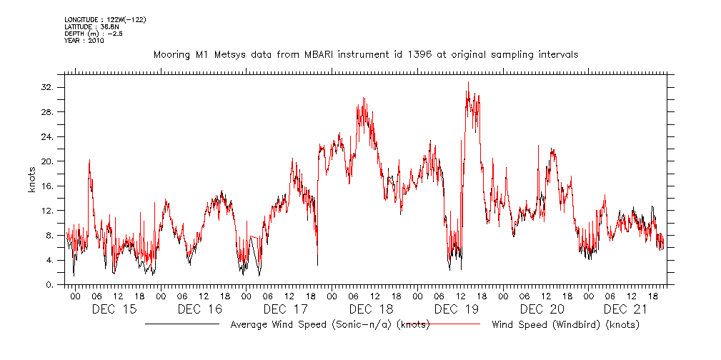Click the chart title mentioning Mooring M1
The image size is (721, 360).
[x=365, y=54]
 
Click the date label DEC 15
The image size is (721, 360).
[x=114, y=309]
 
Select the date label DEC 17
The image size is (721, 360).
[x=285, y=309]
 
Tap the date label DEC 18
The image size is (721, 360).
[x=371, y=309]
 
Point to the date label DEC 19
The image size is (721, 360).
[x=457, y=309]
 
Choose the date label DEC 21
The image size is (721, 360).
[x=627, y=309]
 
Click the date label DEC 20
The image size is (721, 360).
[x=542, y=309]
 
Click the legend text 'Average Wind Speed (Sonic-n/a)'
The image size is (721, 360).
[x=329, y=325]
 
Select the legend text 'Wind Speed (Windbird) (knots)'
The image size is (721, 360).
[x=565, y=325]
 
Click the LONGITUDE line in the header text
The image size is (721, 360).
[x=105, y=19]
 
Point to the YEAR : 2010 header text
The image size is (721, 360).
[x=84, y=41]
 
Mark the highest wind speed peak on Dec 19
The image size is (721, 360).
[x=468, y=82]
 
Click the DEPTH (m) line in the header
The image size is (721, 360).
[x=94, y=34]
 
